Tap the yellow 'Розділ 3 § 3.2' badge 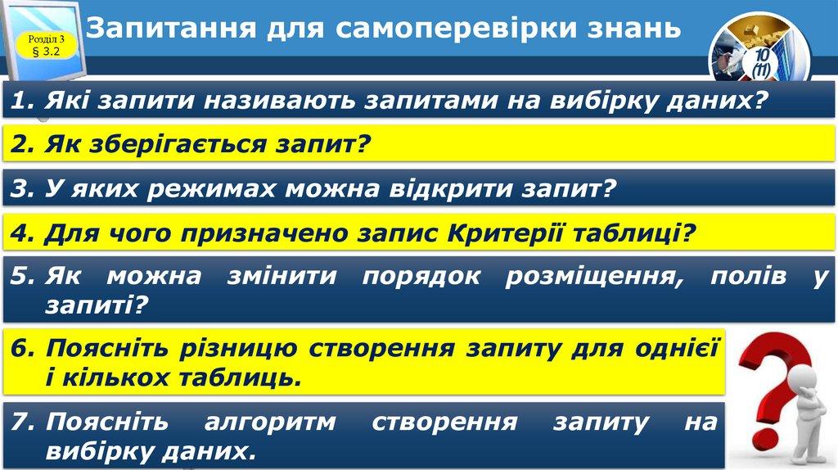[x=47, y=45]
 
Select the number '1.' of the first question [x=22, y=100]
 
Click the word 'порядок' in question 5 [x=421, y=277]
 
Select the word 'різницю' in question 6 [x=238, y=349]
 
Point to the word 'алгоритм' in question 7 [x=270, y=422]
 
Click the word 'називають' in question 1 [x=279, y=101]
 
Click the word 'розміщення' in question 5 [x=594, y=277]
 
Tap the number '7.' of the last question [x=23, y=422]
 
